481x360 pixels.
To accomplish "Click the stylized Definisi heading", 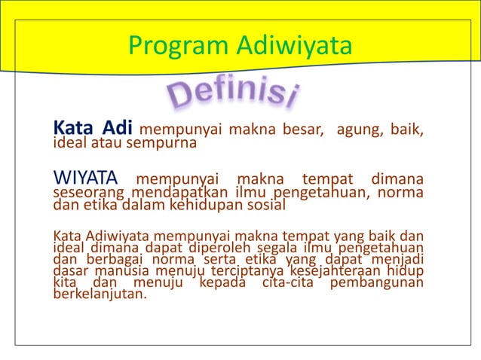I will pyautogui.click(x=231, y=96).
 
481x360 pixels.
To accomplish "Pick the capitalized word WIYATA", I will pyautogui.click(x=85, y=179).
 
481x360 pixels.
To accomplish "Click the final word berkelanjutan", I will pyautogui.click(x=100, y=294).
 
